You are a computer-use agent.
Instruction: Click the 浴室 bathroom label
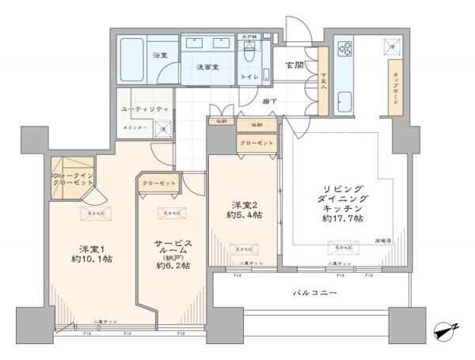click(159, 55)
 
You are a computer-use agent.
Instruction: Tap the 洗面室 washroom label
click(207, 67)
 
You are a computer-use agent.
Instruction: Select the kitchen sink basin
click(345, 100)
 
